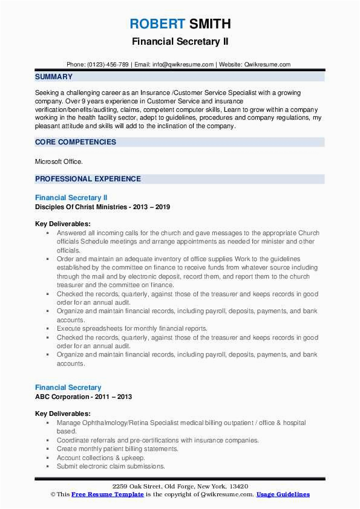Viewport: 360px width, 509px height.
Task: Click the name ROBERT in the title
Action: pos(157,24)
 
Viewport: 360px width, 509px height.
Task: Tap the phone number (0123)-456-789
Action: pos(108,65)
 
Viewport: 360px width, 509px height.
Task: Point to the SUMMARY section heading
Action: pos(54,77)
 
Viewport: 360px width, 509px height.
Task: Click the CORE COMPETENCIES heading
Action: pos(76,142)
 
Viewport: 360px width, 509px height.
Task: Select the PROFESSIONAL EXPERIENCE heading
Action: pos(88,179)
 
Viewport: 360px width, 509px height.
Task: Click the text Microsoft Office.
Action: pos(59,161)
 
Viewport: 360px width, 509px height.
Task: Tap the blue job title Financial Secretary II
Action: pos(71,198)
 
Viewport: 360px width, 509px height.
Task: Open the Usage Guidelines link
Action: pos(283,494)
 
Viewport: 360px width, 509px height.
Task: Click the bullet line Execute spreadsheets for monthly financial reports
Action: pos(132,328)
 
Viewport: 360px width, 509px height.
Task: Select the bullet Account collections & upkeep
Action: pos(97,458)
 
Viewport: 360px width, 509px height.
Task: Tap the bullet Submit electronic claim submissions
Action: pos(111,466)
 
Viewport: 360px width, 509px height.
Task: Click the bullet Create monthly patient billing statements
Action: pos(117,449)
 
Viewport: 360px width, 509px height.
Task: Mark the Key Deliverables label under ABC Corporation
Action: pos(63,413)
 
